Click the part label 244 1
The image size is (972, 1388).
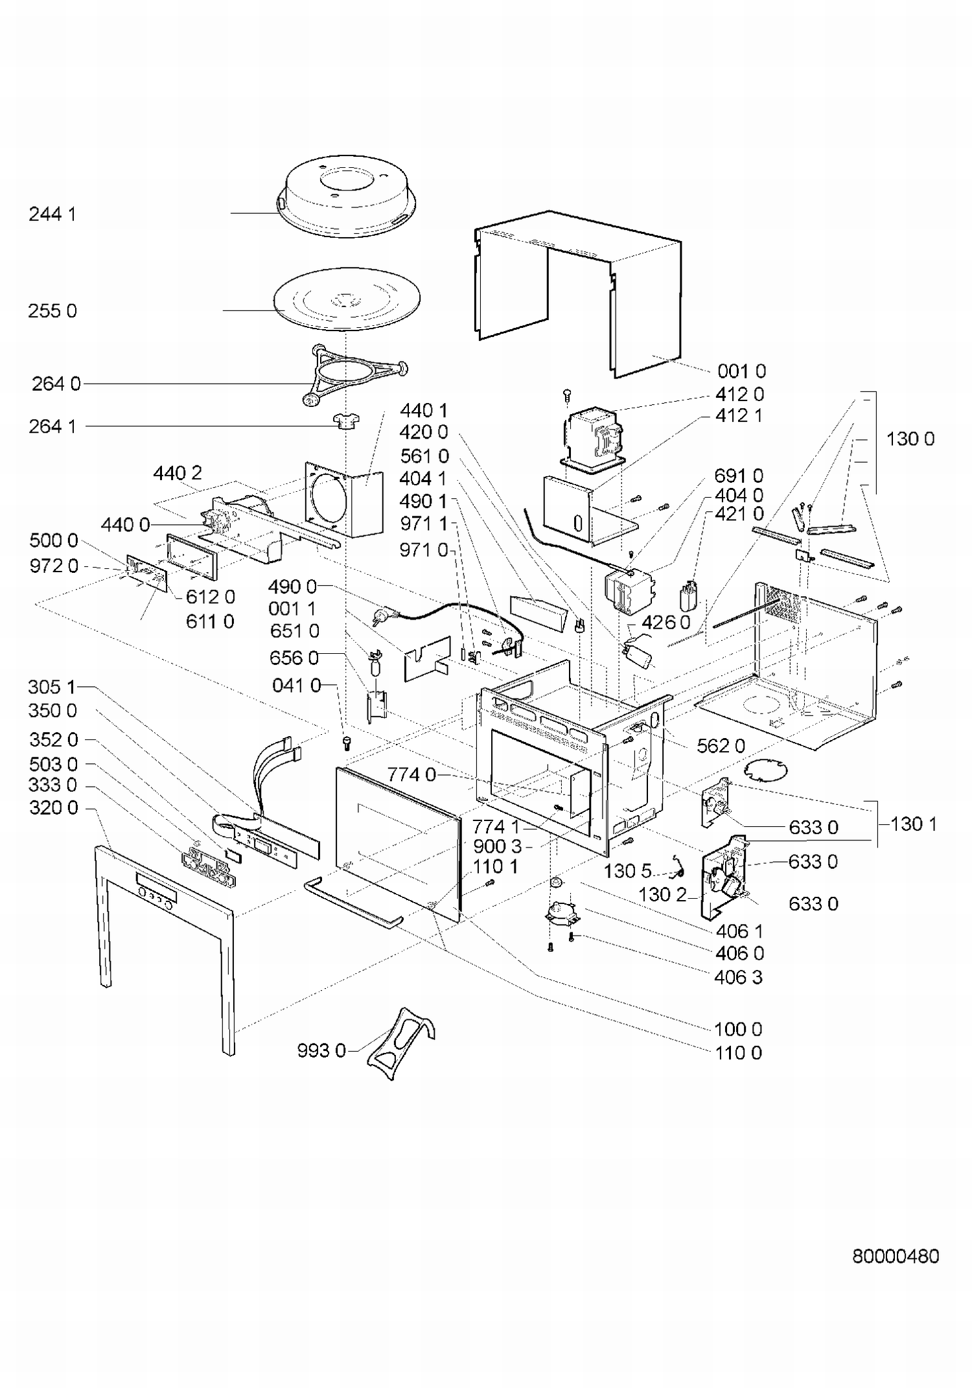point(52,214)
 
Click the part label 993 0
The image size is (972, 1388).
point(321,1050)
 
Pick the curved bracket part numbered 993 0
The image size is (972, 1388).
point(401,1044)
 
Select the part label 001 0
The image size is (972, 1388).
point(742,371)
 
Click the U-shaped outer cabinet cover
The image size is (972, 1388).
point(578,293)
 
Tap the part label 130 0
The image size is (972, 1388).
point(910,439)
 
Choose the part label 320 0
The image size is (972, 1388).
point(54,808)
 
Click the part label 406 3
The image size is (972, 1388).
point(739,977)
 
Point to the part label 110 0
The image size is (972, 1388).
point(738,1052)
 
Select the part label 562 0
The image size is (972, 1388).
point(721,746)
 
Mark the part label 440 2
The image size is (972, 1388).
point(178,473)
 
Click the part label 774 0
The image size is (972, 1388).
point(412,774)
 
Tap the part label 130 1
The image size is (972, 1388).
point(914,824)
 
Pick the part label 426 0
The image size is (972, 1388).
point(666,623)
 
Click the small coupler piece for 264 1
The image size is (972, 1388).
point(347,422)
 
